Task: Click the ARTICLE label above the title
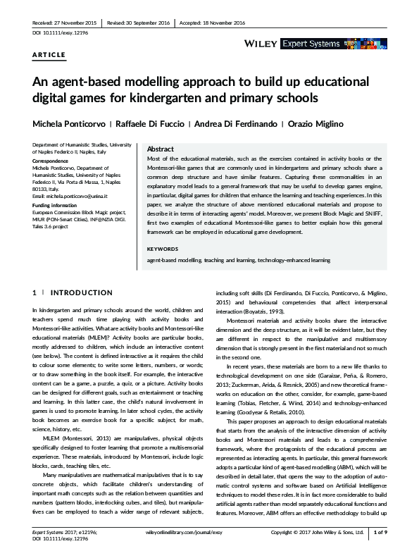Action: pyautogui.click(x=49, y=54)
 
